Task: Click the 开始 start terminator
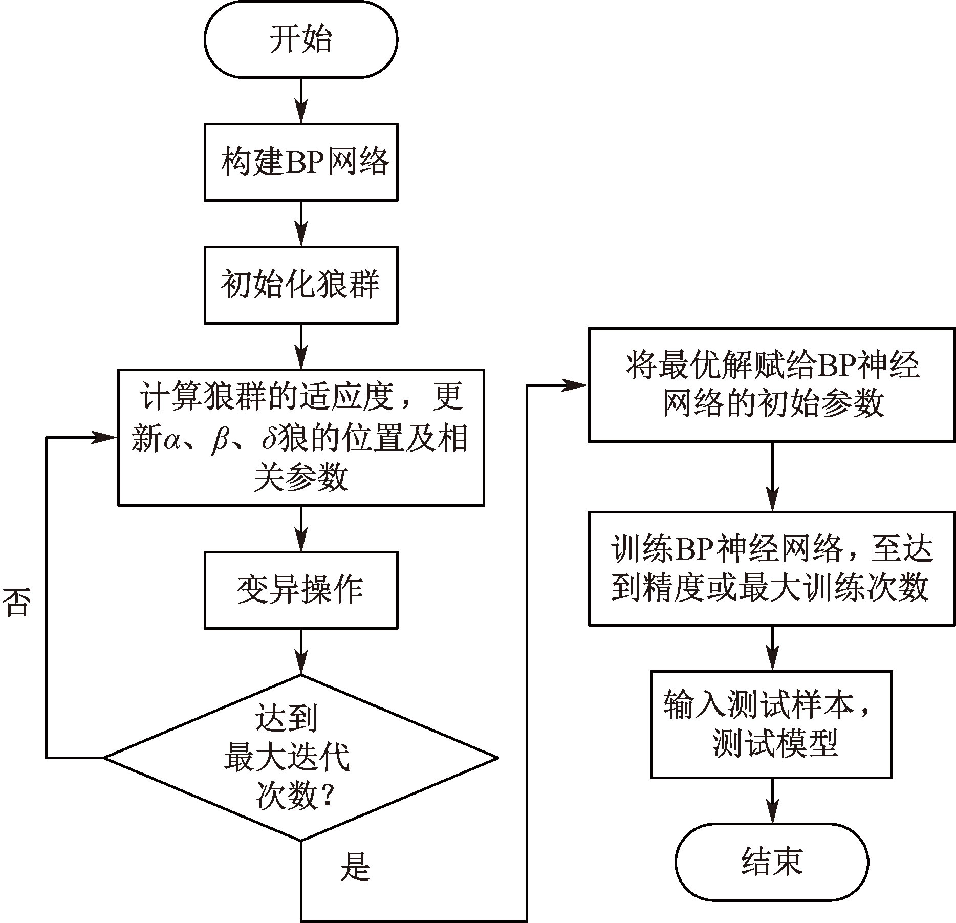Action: point(301,39)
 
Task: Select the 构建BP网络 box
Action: point(301,162)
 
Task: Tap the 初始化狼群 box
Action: point(301,285)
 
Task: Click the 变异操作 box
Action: point(301,590)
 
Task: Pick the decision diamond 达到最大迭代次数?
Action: point(301,757)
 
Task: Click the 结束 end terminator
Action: point(772,862)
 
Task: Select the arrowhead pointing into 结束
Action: point(772,814)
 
